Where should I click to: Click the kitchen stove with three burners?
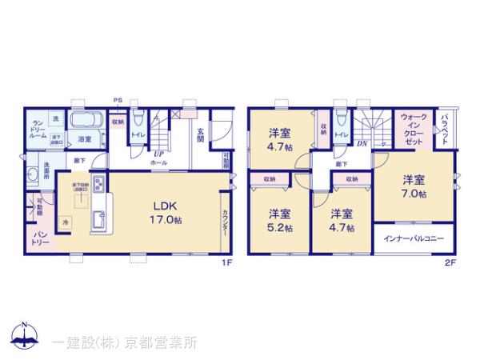[x=97, y=186]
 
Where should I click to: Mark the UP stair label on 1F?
[x=159, y=152]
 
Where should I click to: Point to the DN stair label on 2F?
[x=362, y=144]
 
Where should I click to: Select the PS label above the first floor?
[x=117, y=99]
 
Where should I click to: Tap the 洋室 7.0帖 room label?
[x=414, y=186]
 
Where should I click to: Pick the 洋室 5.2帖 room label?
[x=279, y=220]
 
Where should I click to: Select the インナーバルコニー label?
[x=414, y=238]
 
